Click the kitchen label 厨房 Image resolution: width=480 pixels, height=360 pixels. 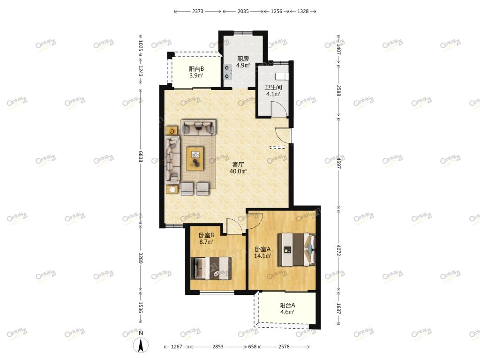click(243, 59)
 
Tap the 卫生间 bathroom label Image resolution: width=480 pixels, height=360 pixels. click(273, 88)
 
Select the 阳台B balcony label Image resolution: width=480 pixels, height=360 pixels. click(196, 69)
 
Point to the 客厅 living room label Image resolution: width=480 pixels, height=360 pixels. click(238, 165)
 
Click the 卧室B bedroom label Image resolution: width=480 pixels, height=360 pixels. click(206, 235)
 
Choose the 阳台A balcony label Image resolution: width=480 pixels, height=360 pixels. click(287, 305)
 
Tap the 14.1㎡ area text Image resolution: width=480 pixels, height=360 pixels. click(262, 256)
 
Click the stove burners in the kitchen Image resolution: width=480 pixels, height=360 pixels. click(228, 72)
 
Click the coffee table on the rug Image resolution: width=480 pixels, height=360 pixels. click(195, 158)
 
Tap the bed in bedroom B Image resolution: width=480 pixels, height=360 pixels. click(210, 268)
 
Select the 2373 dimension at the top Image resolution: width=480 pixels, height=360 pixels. click(198, 11)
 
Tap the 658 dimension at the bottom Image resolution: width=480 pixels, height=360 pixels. click(252, 346)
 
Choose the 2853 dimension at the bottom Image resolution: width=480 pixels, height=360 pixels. click(218, 346)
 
